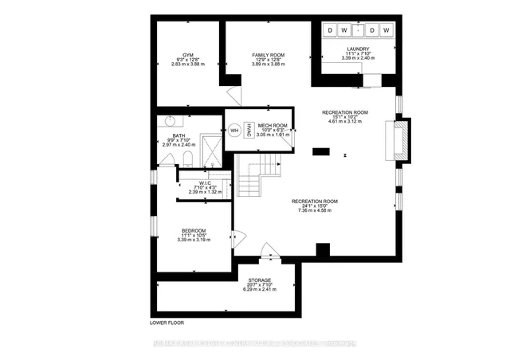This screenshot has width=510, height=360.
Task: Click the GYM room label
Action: coord(188,55)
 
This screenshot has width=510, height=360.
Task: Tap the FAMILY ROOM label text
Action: coord(269,55)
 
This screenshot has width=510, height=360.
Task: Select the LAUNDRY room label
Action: coord(357,49)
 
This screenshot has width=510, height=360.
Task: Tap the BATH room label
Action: coord(178,135)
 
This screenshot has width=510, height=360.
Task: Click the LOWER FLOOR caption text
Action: coord(167,323)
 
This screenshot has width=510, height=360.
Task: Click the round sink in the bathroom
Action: coord(168,122)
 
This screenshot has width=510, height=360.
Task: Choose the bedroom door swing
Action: coord(231,237)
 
